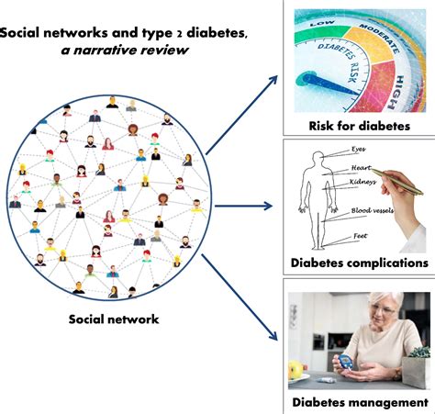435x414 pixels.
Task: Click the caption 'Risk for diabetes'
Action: tap(359, 126)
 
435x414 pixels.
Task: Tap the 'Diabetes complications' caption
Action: tap(359, 263)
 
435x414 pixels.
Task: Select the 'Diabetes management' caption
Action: tap(360, 402)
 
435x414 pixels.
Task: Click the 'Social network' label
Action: tap(114, 319)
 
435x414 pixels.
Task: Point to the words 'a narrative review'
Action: tap(124, 50)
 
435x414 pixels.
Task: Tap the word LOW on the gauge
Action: tap(322, 23)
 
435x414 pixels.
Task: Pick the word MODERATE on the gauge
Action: tap(379, 38)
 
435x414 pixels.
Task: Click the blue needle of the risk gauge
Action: tap(328, 84)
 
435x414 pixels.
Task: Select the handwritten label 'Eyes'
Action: tap(358, 149)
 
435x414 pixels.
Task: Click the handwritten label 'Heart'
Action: tap(361, 168)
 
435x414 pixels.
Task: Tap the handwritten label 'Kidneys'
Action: tap(363, 182)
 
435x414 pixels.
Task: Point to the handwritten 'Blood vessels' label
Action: tap(373, 210)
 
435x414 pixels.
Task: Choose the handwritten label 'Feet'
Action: tap(360, 236)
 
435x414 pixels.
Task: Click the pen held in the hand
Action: tap(397, 181)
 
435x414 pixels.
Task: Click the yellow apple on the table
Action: tap(296, 370)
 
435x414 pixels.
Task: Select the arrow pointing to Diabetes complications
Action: tap(243, 206)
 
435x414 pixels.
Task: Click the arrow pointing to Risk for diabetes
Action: tap(241, 115)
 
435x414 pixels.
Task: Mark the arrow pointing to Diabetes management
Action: tap(240, 297)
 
